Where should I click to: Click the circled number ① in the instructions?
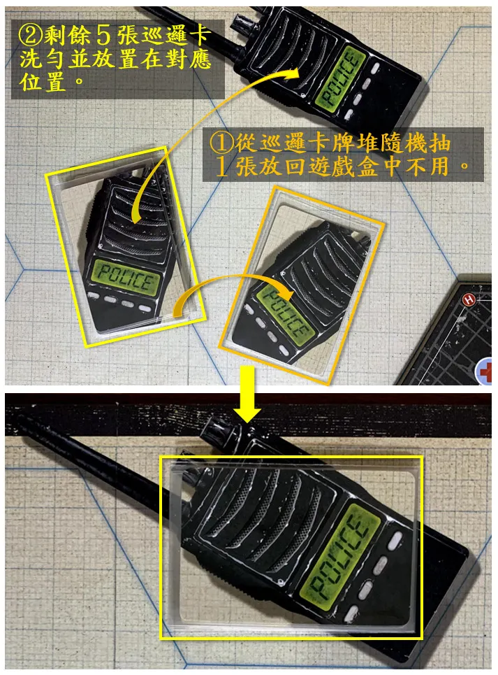[221, 143]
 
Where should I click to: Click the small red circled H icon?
[469, 300]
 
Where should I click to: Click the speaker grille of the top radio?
[284, 49]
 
